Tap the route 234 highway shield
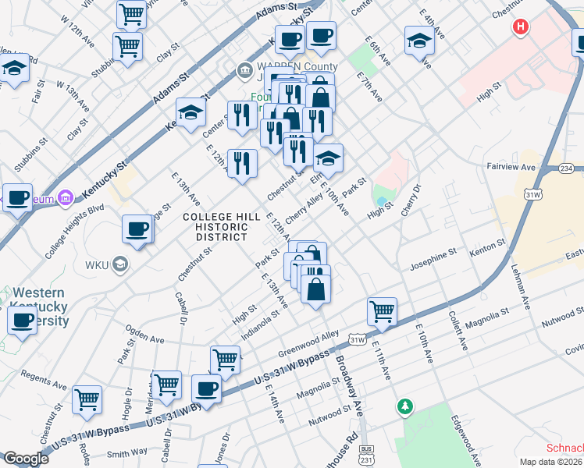[568, 168]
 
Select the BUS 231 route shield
[365, 454]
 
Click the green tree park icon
[404, 406]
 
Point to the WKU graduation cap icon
[119, 265]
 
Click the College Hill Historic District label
[215, 226]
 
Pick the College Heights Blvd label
[74, 232]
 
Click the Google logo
[26, 459]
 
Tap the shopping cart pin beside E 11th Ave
[383, 311]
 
